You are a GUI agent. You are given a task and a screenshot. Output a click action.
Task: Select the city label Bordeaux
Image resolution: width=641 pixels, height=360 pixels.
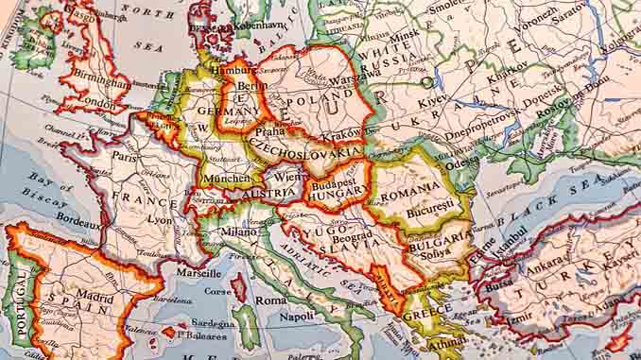tap(78, 226)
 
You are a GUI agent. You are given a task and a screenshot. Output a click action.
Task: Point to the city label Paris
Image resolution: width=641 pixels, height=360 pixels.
tap(119, 155)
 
